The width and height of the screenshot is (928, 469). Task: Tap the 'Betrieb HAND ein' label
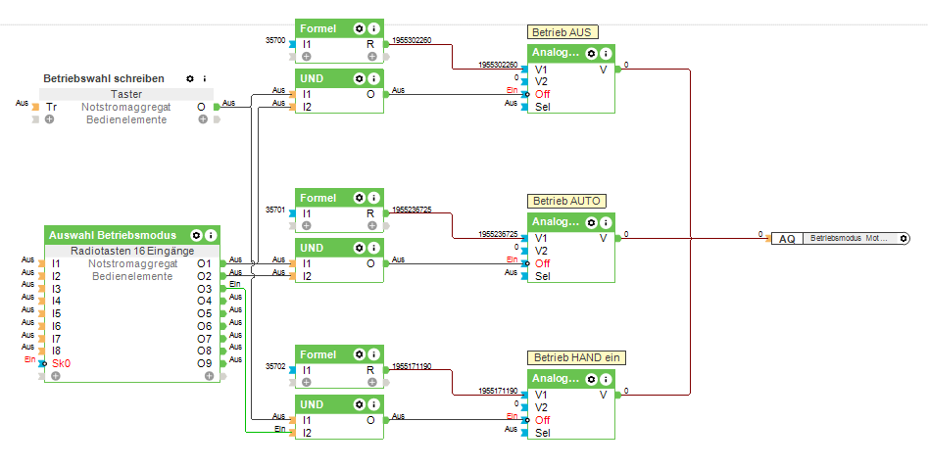577,358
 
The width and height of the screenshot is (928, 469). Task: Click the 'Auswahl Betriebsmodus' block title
113,235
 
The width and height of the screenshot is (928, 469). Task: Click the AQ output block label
787,238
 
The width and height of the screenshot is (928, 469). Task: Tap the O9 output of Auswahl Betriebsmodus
204,363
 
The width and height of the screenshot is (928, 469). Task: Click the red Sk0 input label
62,363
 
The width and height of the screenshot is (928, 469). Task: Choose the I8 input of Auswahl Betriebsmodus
57,351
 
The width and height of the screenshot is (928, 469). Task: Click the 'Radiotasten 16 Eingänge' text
131,251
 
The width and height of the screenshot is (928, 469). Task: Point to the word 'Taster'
125,94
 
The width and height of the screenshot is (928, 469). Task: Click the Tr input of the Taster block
51,106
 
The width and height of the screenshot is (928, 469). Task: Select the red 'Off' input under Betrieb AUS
542,94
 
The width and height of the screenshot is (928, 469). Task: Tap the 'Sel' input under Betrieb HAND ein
542,432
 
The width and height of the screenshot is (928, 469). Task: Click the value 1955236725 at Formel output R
412,210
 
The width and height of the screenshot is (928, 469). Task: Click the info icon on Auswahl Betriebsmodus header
210,235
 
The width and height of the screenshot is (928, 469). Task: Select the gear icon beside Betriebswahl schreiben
190,77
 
